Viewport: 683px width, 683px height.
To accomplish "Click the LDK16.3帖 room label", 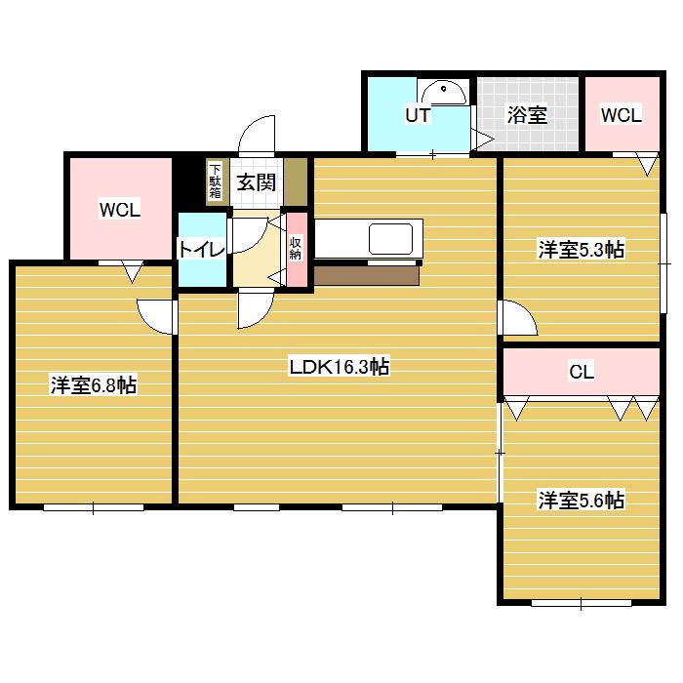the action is tap(340, 367).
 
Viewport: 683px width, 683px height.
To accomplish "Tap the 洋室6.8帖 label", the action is tap(94, 385).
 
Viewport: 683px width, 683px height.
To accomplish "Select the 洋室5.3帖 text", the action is tap(582, 250).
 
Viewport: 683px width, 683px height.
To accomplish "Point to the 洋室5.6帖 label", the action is tap(582, 500).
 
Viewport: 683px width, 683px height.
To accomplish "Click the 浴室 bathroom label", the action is tap(527, 115).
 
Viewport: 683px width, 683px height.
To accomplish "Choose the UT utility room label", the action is tap(418, 115).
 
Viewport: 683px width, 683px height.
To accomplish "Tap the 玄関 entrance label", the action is tap(256, 182).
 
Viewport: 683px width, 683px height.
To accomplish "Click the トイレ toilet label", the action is tap(202, 249).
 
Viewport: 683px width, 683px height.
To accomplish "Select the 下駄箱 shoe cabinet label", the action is tap(216, 181).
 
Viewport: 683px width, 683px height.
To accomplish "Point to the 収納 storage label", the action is tap(296, 248).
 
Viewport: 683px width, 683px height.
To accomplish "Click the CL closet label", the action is tap(582, 372).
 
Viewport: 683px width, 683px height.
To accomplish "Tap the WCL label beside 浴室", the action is tap(622, 115).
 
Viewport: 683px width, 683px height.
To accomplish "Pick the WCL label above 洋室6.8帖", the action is tap(120, 210).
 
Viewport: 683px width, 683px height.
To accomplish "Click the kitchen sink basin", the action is tap(390, 239).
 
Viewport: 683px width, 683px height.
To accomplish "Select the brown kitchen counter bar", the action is tap(366, 276).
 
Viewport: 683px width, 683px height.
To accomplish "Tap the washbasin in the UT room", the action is tap(443, 93).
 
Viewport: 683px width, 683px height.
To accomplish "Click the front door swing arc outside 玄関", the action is tap(257, 133).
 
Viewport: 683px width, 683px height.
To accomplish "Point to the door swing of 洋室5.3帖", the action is tap(518, 317).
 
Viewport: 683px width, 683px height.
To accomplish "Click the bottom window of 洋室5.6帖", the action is tap(582, 603).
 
